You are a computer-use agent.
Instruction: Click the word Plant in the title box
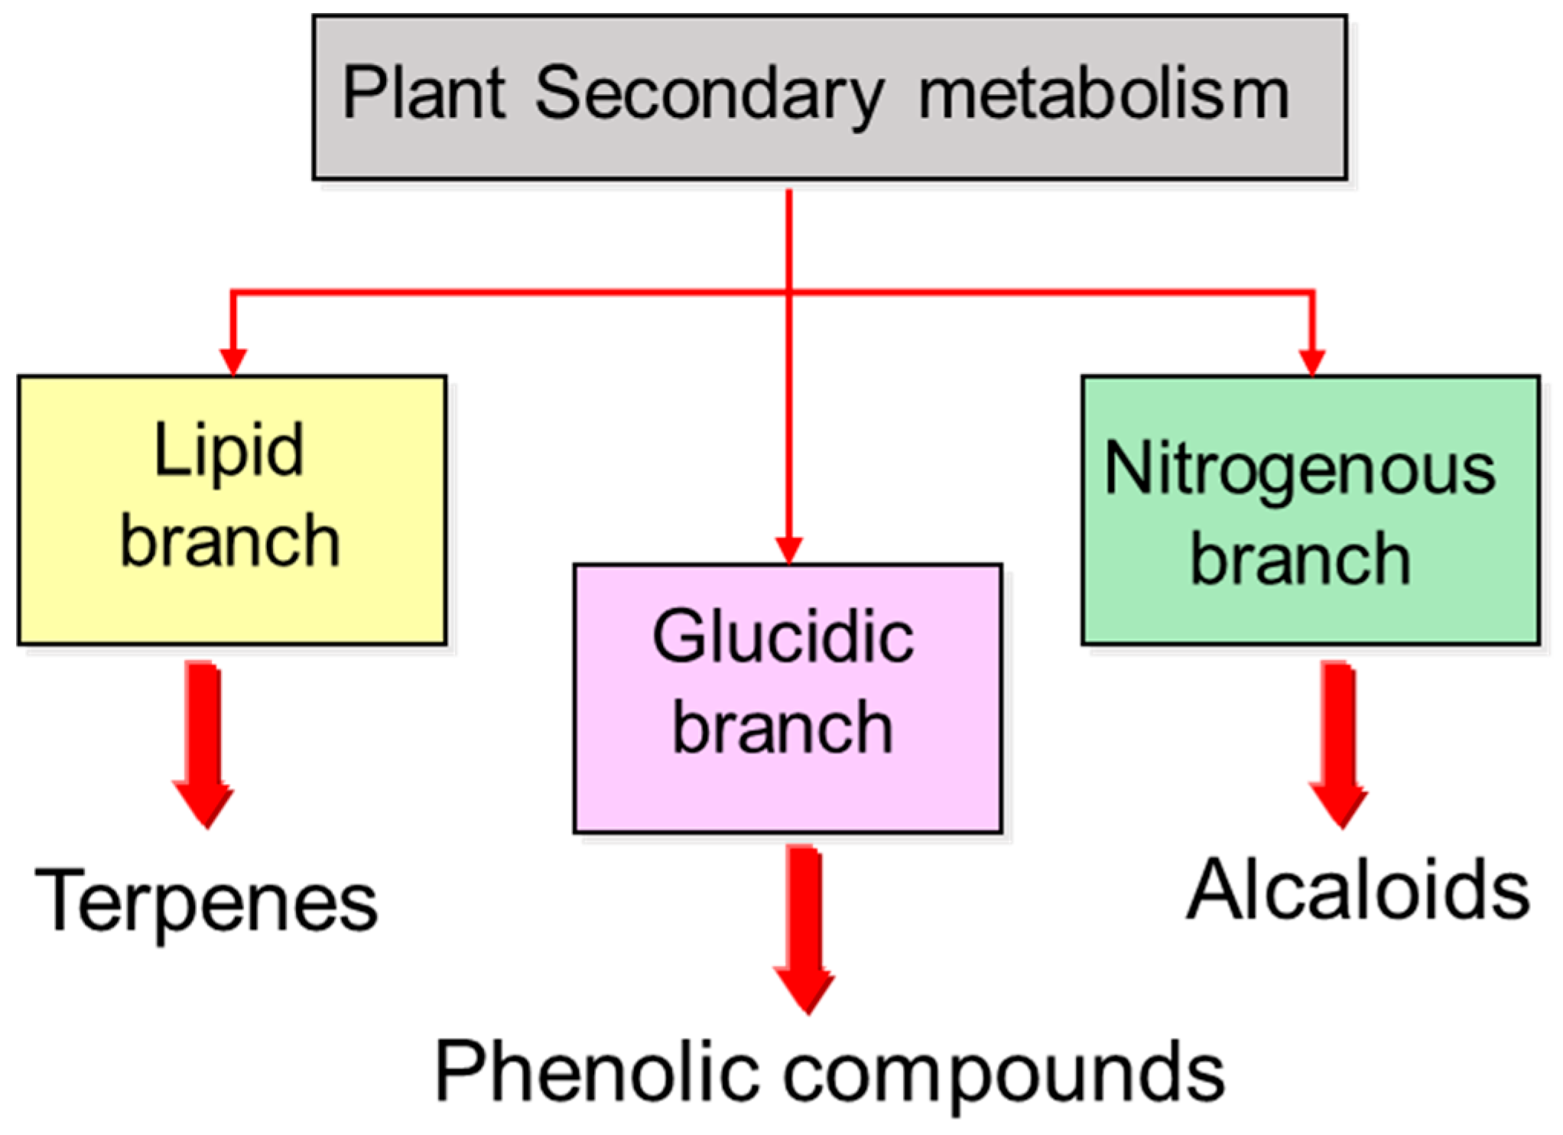[x=423, y=93]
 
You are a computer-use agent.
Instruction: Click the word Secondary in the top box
[x=709, y=95]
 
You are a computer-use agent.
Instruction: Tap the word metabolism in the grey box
[x=1103, y=95]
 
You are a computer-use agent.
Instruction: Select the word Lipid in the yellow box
[x=229, y=451]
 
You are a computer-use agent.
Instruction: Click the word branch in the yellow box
[x=230, y=541]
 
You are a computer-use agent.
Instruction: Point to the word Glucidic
[x=783, y=637]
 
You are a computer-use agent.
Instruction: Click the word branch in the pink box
[x=783, y=727]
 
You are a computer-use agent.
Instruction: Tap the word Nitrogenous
[x=1299, y=470]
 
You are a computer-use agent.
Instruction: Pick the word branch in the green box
[x=1300, y=560]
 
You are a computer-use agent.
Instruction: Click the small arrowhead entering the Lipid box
[x=232, y=361]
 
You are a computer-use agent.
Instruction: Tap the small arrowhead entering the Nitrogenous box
[x=1312, y=361]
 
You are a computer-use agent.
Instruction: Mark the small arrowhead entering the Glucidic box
[x=788, y=549]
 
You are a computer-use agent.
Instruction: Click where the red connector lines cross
[x=788, y=291]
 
